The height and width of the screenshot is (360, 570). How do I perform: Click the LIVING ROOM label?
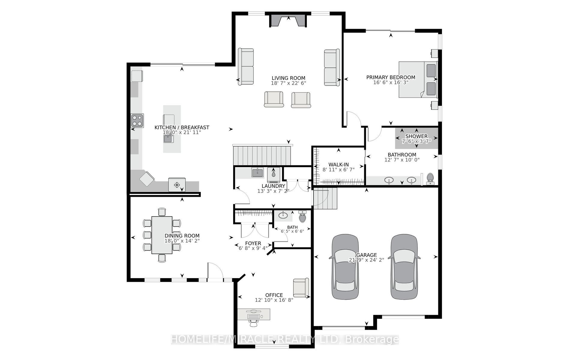288,78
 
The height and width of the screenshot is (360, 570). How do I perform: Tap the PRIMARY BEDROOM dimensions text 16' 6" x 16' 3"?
391,82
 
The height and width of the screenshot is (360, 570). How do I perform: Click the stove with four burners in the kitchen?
137,120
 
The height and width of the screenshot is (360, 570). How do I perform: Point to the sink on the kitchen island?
168,139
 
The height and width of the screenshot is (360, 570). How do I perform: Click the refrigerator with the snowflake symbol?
177,184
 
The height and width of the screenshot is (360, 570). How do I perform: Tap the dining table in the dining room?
162,235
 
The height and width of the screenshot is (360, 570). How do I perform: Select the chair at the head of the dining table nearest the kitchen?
162,212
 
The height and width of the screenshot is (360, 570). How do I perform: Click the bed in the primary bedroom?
418,79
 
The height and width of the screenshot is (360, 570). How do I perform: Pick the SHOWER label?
416,136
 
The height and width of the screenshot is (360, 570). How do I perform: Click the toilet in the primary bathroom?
430,179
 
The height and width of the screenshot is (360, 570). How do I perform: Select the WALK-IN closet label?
338,164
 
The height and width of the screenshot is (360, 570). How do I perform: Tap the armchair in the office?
301,288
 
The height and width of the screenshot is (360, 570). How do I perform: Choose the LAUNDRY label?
273,186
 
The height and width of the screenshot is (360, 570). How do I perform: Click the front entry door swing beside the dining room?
215,271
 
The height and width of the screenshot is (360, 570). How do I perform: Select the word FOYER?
253,243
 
